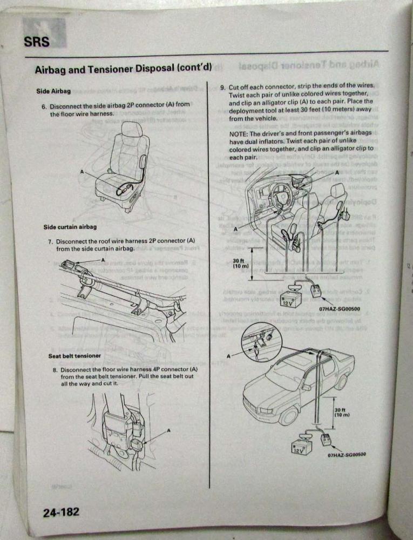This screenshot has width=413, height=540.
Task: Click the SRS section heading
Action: pyautogui.click(x=37, y=42)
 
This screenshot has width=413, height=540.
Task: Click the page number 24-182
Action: pyautogui.click(x=61, y=512)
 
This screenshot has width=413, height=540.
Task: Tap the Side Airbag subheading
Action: pyautogui.click(x=53, y=91)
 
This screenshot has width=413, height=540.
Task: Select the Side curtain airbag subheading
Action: pyautogui.click(x=70, y=227)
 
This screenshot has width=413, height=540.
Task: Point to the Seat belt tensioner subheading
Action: pyautogui.click(x=75, y=356)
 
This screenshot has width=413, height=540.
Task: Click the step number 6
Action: pyautogui.click(x=44, y=106)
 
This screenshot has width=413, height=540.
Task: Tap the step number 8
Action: pyautogui.click(x=55, y=370)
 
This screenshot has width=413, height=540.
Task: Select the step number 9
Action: pyautogui.click(x=222, y=87)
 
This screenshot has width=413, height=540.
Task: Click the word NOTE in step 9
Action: pyautogui.click(x=238, y=133)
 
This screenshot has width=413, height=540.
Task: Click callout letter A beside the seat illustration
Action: pyautogui.click(x=82, y=171)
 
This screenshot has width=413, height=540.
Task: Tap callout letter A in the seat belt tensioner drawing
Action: pyautogui.click(x=168, y=430)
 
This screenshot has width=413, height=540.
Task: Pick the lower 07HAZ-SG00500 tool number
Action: pyautogui.click(x=347, y=455)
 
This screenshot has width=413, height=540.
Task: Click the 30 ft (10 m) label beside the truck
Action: pyautogui.click(x=342, y=412)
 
